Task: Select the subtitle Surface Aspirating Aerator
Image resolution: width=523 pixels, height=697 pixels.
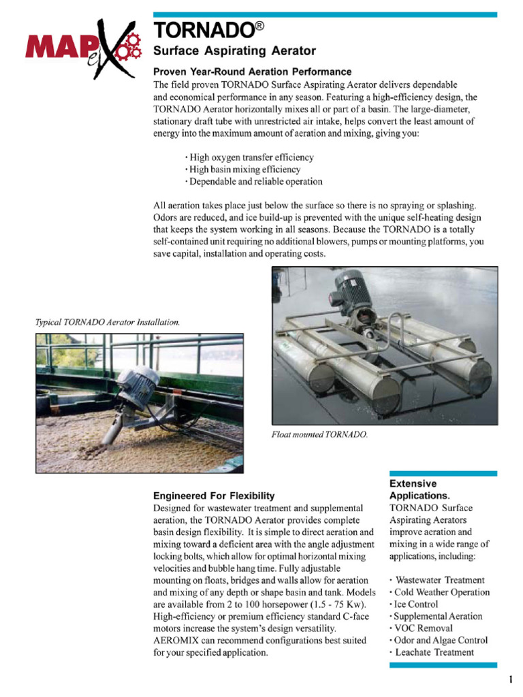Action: click(234, 51)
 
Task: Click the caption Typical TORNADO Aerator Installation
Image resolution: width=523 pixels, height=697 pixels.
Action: click(108, 322)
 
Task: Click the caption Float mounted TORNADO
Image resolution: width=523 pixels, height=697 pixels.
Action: click(319, 434)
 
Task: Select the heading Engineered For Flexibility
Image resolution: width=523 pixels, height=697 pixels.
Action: click(214, 496)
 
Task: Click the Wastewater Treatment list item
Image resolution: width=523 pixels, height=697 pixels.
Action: click(439, 581)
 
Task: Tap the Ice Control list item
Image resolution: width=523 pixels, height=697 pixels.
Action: click(415, 604)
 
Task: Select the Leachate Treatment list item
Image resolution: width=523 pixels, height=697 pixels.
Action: click(433, 652)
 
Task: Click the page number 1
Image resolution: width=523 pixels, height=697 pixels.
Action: click(510, 680)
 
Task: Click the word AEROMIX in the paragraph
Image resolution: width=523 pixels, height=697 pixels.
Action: click(178, 640)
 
